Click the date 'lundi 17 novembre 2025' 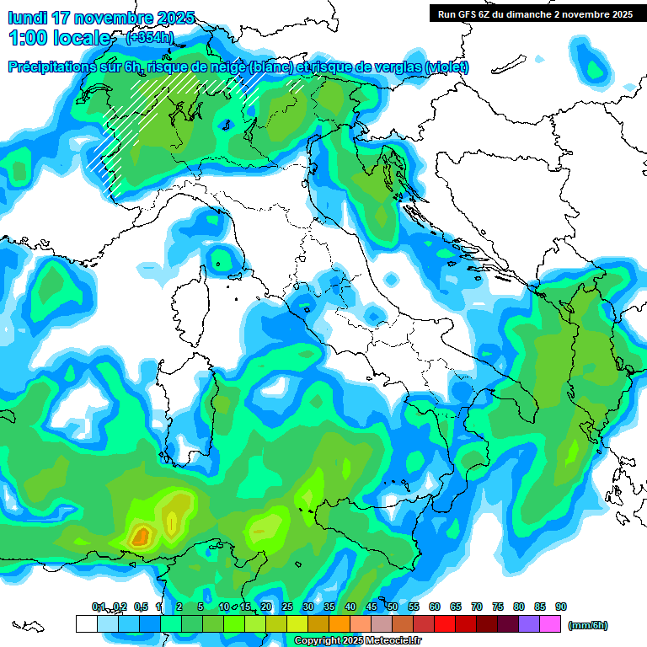(100, 18)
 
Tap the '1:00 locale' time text (60, 38)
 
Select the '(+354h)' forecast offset (151, 38)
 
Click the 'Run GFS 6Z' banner (532, 14)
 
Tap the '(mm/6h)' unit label (588, 625)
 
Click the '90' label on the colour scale (561, 607)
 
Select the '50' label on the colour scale (393, 607)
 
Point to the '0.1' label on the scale (99, 607)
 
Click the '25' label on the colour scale (287, 607)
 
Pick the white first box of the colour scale (86, 623)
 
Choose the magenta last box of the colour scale (550, 623)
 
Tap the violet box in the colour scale (529, 623)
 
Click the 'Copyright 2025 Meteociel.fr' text (359, 640)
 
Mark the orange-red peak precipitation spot (141, 535)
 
